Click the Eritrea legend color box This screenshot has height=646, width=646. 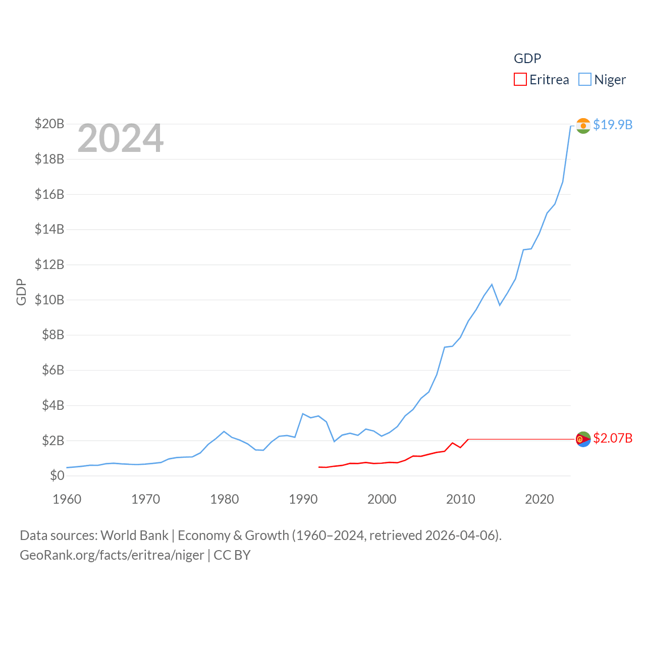pos(520,80)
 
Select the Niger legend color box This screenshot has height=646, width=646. pos(584,80)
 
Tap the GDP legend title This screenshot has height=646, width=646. pos(527,59)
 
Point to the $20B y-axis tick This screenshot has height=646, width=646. pos(49,124)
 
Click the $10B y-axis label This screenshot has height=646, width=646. pos(49,300)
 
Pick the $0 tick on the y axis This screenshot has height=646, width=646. pos(57,475)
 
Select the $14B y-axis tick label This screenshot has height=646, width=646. pos(49,229)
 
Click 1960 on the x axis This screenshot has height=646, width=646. pos(67,499)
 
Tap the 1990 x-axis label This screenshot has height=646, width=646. pos(303,499)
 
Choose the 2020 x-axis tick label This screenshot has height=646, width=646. pos(540,499)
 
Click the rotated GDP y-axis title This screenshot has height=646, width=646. pos(21,292)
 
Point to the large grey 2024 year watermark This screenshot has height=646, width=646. pos(121,138)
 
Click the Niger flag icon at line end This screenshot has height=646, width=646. pos(583,126)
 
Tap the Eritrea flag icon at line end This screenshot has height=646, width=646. pos(583,439)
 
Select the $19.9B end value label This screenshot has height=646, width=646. pos(613,125)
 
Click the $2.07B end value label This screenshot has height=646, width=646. pos(613,438)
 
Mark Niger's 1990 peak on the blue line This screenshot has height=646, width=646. pos(303,414)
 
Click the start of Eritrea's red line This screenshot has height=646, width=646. pos(319,467)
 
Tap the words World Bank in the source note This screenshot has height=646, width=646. pos(134,535)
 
